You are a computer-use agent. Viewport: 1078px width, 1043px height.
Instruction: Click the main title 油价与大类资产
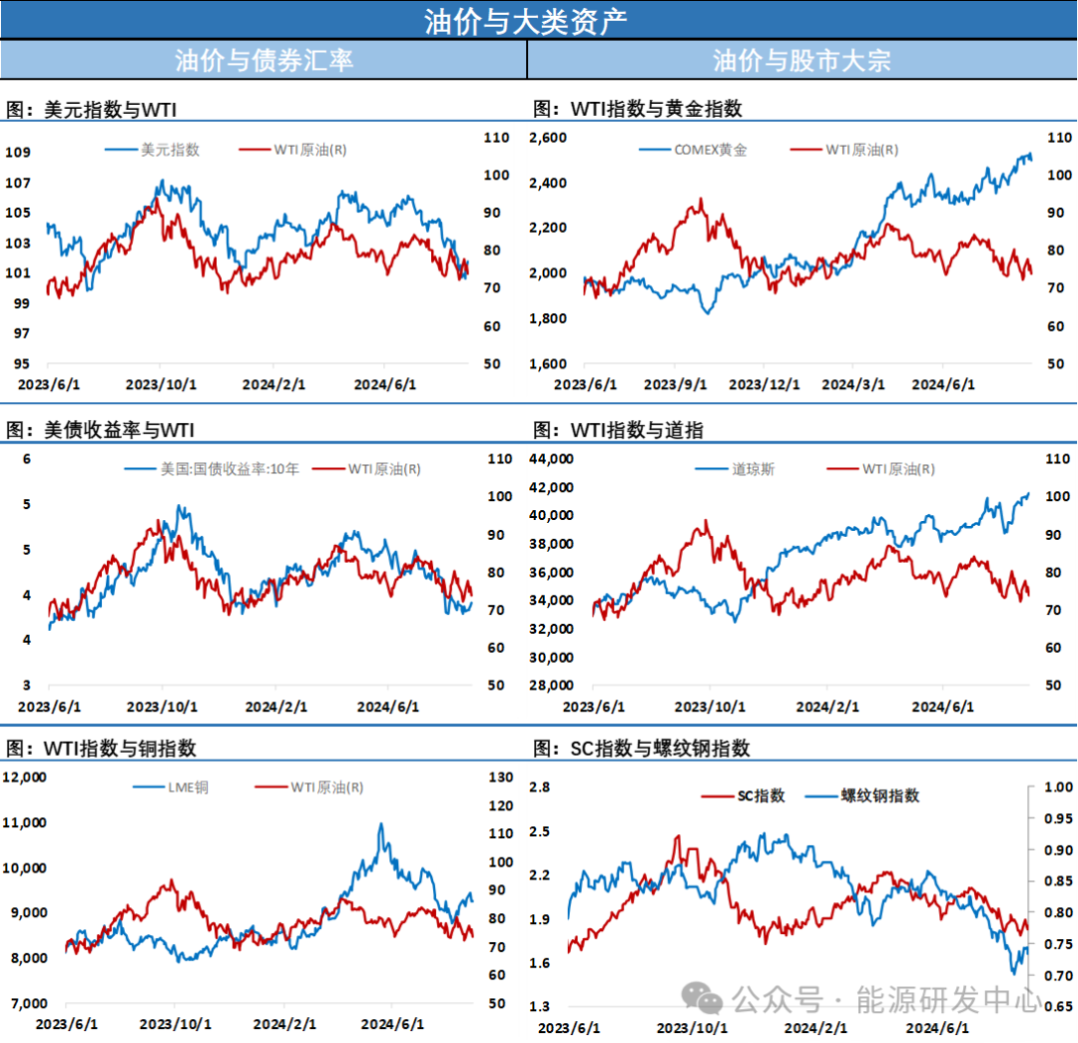[526, 21]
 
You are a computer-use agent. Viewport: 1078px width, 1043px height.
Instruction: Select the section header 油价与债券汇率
[264, 60]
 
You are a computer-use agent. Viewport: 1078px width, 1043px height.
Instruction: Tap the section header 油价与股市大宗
[802, 60]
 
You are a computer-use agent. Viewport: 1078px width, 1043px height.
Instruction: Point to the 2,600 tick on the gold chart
[547, 138]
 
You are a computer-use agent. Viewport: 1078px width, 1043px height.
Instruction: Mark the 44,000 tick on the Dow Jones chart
[550, 459]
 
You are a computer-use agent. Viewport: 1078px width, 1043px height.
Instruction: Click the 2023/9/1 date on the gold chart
[675, 384]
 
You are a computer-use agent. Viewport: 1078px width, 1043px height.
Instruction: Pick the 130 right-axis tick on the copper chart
[501, 778]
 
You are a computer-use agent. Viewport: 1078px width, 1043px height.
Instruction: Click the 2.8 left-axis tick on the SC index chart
[540, 787]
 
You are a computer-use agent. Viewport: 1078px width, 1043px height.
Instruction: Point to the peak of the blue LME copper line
[380, 824]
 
